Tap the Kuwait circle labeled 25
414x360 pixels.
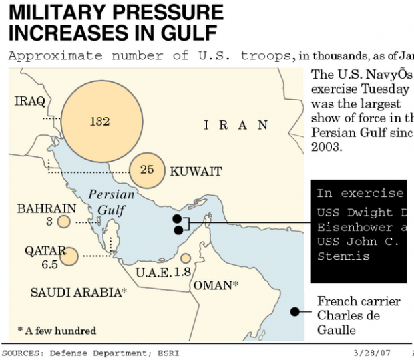148,171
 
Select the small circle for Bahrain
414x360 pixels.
64,222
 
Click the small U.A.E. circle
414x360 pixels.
186,258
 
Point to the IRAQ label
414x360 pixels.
30,102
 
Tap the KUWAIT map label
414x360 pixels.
196,172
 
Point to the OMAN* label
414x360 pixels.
216,285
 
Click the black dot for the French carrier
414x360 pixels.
294,311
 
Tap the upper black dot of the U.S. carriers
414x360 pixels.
177,218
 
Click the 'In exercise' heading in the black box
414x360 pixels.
360,194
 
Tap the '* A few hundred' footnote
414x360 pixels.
57,331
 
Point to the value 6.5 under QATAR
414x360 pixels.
51,264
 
